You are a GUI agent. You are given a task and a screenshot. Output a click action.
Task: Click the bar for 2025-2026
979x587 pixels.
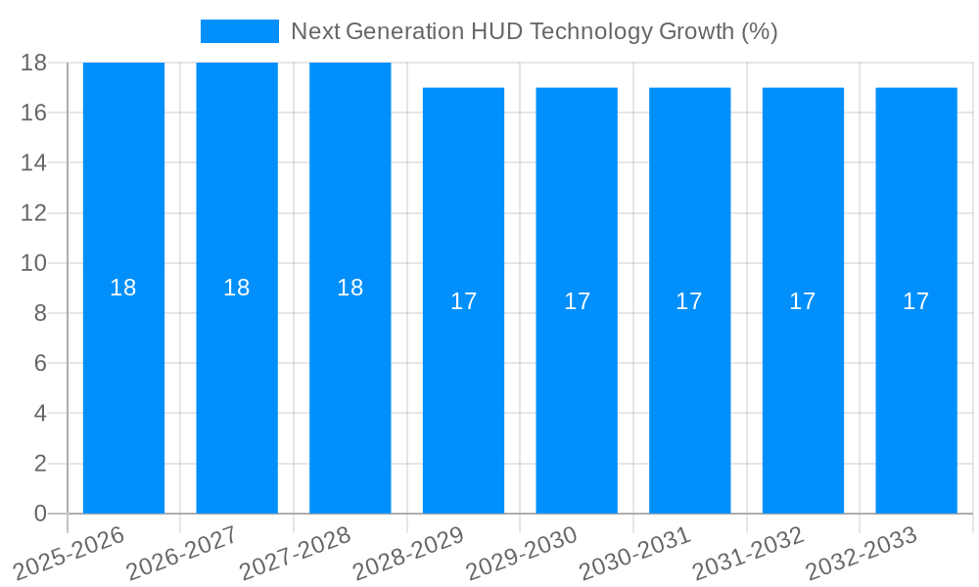click(x=123, y=391)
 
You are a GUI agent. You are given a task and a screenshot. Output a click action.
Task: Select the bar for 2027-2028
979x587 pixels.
click(x=350, y=391)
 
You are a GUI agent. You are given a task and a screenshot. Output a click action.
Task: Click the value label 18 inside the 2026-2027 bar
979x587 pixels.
click(x=237, y=288)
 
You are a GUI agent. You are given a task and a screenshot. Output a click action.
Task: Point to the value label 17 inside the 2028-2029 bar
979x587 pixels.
click(x=463, y=301)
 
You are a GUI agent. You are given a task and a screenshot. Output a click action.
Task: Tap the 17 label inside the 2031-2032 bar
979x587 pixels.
click(x=803, y=301)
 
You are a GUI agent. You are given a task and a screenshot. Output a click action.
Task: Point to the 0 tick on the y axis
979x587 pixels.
click(x=40, y=514)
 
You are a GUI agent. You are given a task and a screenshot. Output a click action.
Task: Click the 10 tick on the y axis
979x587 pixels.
click(x=34, y=263)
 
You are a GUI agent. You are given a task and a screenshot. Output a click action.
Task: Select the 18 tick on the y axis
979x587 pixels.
click(x=34, y=63)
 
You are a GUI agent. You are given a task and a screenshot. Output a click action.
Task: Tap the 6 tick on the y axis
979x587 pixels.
click(x=40, y=363)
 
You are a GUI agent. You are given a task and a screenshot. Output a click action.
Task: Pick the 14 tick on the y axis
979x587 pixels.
click(x=34, y=162)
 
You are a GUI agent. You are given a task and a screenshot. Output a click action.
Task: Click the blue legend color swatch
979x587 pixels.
click(x=240, y=31)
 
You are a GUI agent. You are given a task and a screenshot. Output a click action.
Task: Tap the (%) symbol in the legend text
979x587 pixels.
click(x=759, y=31)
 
